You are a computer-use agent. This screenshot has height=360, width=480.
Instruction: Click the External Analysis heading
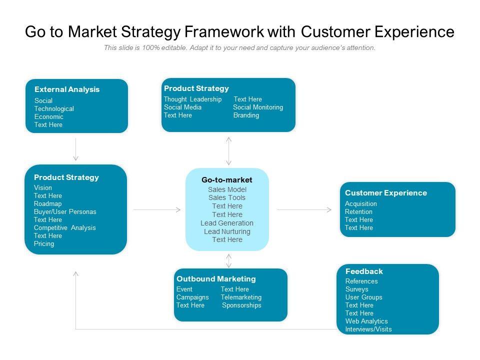(67, 89)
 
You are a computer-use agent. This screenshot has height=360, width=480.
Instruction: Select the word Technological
(54, 108)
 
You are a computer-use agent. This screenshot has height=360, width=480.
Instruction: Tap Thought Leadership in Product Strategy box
(192, 99)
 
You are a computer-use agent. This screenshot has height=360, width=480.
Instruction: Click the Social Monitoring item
(258, 107)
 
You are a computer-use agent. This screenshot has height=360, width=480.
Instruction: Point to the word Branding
(246, 115)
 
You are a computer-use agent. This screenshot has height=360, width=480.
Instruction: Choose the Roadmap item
(48, 203)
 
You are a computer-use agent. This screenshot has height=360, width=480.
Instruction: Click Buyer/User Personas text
(65, 211)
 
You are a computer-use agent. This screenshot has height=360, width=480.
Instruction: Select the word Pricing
(44, 243)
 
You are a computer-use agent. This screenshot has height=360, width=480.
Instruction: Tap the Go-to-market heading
(227, 179)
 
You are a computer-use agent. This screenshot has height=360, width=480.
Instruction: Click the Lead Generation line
(227, 223)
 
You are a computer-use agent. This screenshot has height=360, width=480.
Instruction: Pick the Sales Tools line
(227, 197)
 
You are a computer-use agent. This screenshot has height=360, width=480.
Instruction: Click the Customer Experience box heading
(385, 193)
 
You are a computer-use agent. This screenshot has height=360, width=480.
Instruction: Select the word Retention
(358, 211)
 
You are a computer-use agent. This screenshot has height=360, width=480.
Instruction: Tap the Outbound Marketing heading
(216, 279)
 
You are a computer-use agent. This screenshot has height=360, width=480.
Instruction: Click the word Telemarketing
(241, 297)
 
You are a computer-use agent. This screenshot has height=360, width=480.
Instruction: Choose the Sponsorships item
(241, 305)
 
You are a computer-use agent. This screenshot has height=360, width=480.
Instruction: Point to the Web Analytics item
(366, 321)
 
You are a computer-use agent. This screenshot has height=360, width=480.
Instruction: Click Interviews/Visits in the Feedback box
(368, 329)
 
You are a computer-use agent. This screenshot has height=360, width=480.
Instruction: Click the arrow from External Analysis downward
(75, 149)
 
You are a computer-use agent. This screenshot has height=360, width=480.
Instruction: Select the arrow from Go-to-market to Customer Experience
(304, 209)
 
